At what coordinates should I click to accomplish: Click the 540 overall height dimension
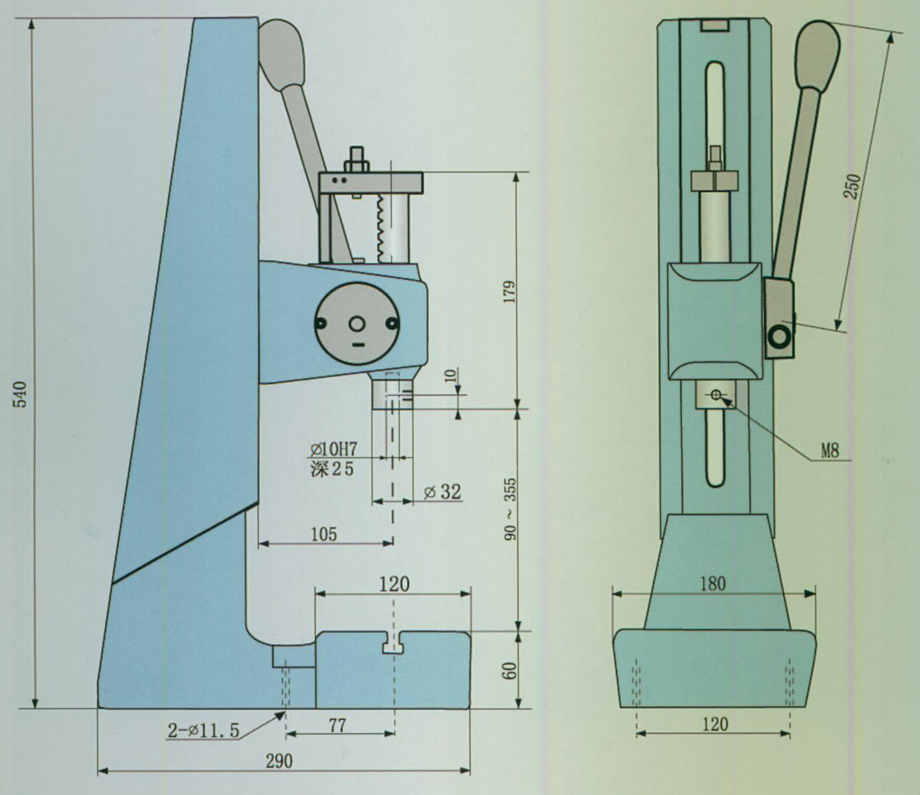22,394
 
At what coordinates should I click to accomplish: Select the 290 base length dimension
279,760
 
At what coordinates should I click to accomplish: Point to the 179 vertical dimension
509,291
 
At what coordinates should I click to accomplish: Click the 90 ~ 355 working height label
510,510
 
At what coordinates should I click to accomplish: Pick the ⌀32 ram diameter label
442,492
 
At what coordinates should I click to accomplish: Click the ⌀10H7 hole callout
333,449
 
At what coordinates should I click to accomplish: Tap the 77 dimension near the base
337,724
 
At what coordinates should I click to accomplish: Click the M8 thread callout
829,450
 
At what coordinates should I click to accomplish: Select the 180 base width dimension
712,583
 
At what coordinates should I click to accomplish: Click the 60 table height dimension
510,670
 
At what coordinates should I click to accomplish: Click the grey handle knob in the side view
282,51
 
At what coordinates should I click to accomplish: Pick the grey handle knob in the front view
817,55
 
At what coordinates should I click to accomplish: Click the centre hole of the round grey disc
357,324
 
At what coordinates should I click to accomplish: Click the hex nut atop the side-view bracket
357,162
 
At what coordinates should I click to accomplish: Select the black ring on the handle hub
779,337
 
